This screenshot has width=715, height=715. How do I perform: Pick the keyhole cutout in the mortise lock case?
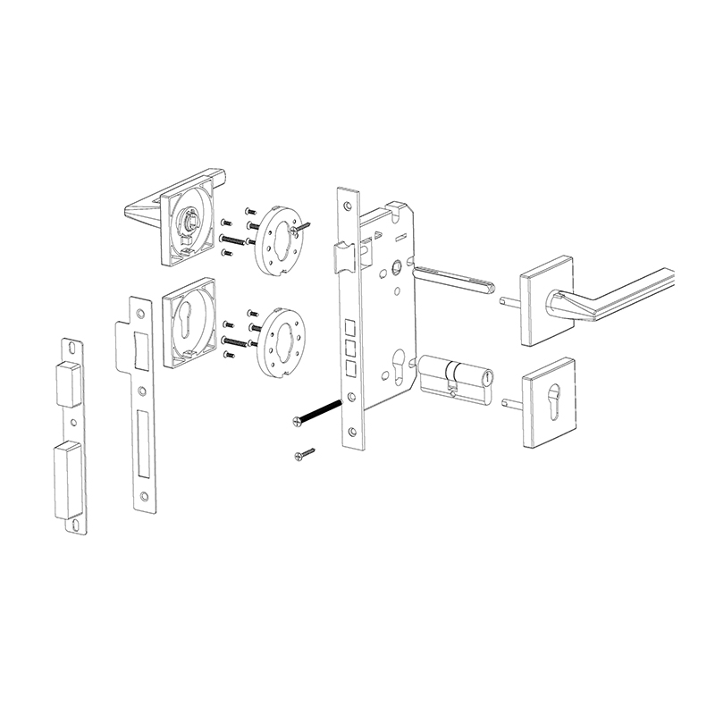[399, 367]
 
